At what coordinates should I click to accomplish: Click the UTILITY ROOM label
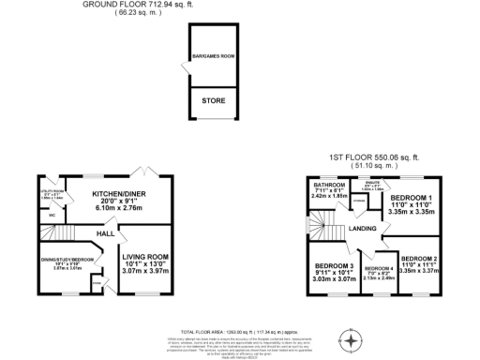pyautogui.click(x=51, y=191)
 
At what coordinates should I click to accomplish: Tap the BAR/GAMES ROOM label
pyautogui.click(x=213, y=56)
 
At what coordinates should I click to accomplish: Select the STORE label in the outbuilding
pyautogui.click(x=213, y=100)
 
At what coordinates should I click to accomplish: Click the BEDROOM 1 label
pyautogui.click(x=412, y=198)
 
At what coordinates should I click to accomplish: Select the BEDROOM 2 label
pyautogui.click(x=419, y=258)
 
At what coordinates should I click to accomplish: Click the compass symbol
pyautogui.click(x=352, y=342)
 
